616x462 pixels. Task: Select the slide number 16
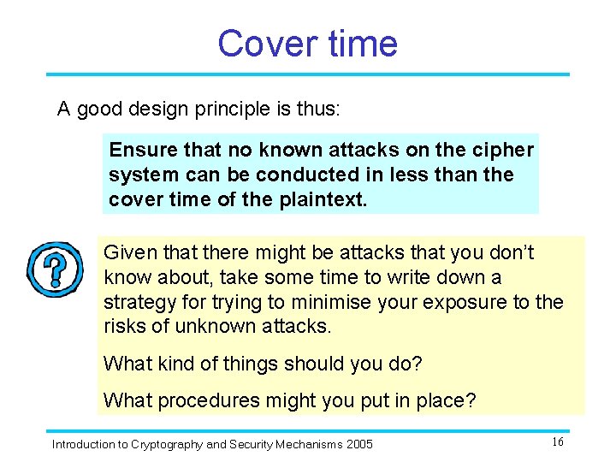tap(557, 441)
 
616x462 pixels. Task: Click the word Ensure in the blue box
tap(140, 151)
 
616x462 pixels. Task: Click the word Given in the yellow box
tap(127, 252)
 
